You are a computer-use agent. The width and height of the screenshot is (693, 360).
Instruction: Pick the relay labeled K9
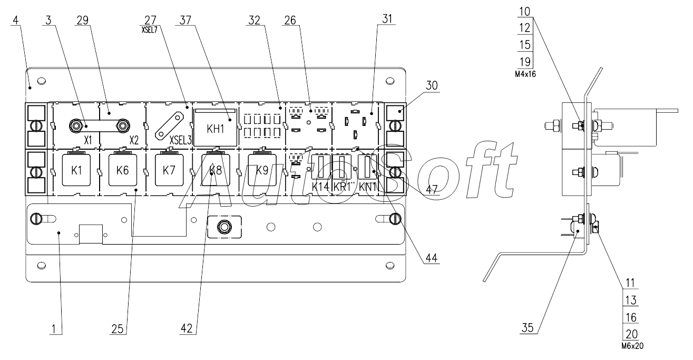click(x=262, y=170)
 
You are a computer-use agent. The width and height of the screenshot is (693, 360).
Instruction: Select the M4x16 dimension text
click(x=525, y=75)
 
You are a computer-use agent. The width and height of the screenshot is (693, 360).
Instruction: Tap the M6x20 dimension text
click(x=632, y=347)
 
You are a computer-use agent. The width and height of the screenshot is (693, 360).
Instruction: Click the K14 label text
click(x=320, y=186)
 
